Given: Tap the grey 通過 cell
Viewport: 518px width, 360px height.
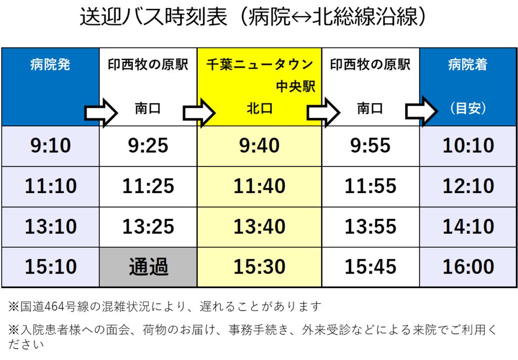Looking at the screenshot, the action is tap(148, 267).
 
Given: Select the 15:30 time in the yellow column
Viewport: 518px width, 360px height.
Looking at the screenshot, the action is tap(260, 266).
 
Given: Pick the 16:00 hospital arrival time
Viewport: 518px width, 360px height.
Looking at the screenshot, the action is tap(468, 266).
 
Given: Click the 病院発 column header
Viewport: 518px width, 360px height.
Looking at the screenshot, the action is tap(50, 64).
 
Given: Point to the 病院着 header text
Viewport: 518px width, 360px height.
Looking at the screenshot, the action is tap(468, 64).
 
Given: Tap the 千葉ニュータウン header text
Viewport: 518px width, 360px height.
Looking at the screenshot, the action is tap(260, 64).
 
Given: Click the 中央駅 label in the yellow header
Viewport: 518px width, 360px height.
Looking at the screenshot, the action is tap(295, 86).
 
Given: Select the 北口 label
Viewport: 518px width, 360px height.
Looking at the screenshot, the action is tap(260, 108).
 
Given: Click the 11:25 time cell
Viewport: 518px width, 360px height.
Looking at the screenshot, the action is tap(148, 186).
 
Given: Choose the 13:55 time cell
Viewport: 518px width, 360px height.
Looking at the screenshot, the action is tap(370, 226).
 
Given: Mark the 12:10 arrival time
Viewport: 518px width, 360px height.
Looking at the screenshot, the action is tap(468, 186).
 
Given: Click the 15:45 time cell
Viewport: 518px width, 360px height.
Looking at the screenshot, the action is tap(370, 266).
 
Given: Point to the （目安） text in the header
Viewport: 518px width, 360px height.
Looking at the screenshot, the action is tap(468, 108).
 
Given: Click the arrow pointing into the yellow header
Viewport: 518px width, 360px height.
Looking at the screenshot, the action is tap(199, 113).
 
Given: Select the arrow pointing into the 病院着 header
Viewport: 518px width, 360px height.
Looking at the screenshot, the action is tap(421, 111).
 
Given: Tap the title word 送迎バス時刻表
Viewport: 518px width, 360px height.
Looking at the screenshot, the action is tap(154, 17).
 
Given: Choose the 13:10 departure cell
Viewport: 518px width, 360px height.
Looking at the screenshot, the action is tap(51, 226).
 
